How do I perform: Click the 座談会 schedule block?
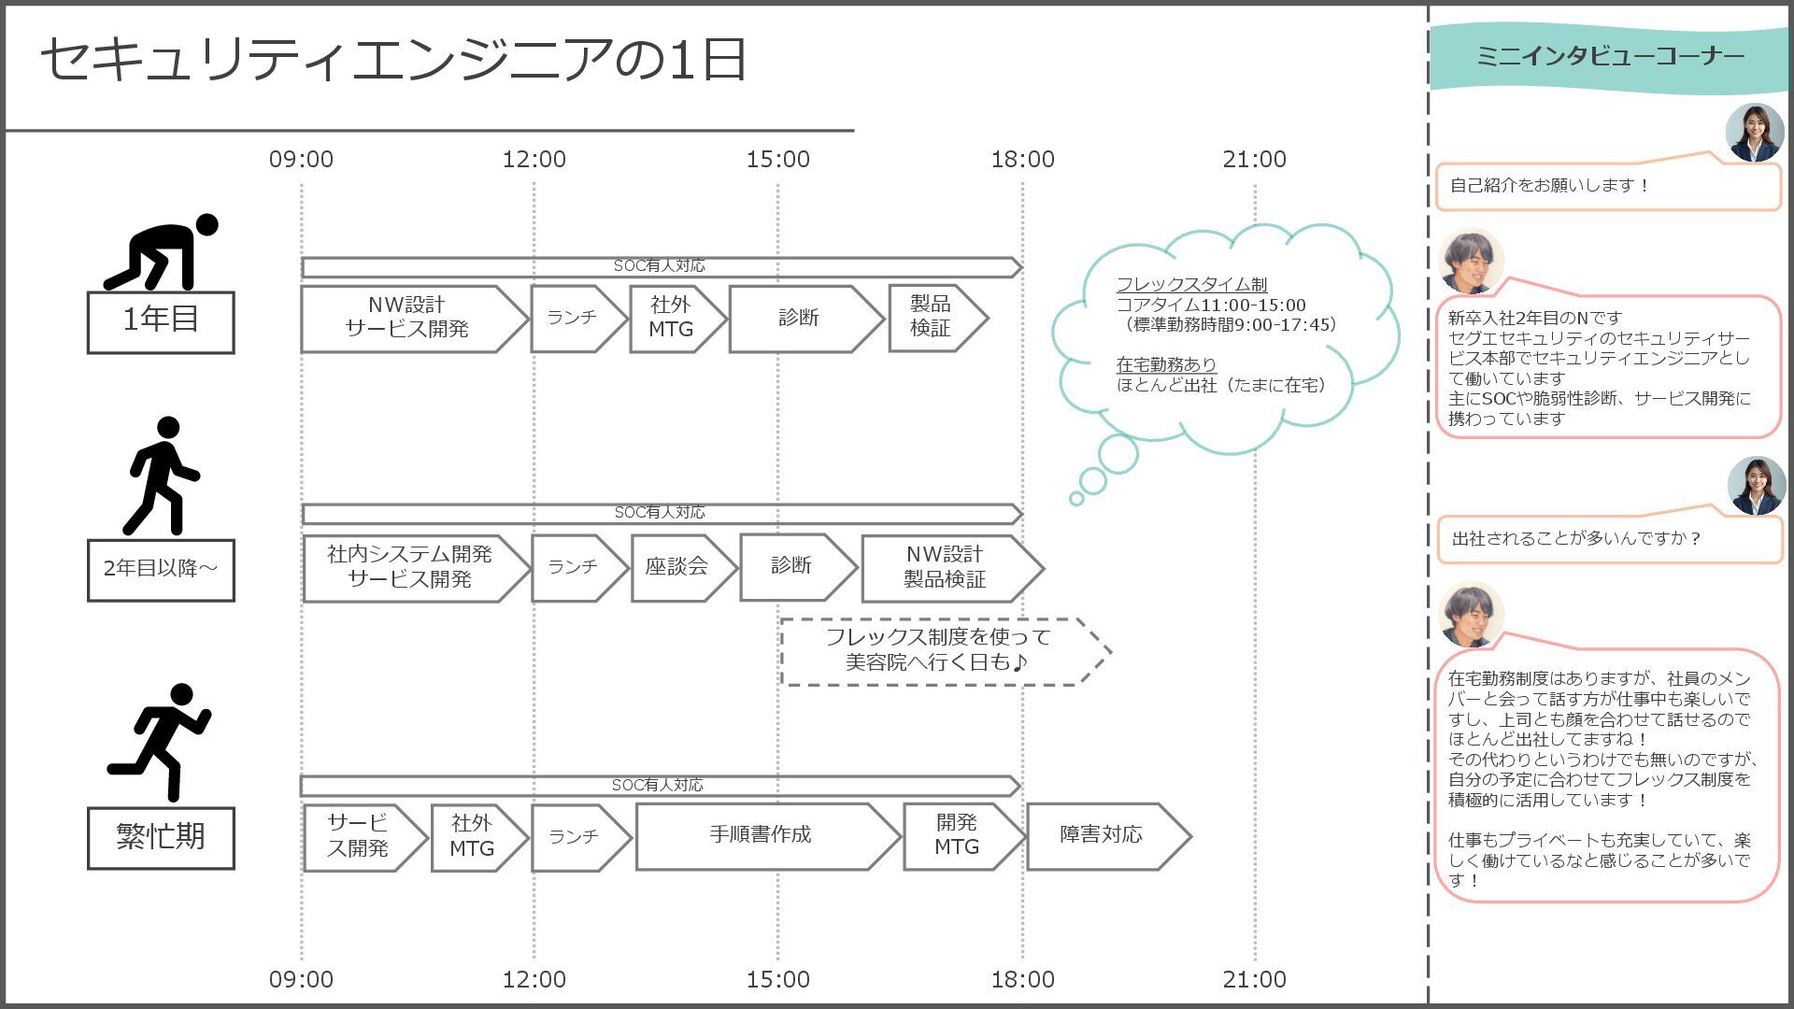tap(677, 567)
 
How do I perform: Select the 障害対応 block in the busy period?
tap(1103, 835)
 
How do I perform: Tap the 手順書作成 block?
tap(761, 835)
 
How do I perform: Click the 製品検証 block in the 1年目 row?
tap(932, 318)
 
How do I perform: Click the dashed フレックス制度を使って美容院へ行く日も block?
tap(939, 651)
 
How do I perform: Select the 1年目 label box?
tap(161, 321)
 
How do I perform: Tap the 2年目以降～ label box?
tap(161, 569)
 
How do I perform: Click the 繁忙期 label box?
tap(161, 837)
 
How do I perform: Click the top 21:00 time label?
tap(1254, 160)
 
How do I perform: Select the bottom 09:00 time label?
tap(301, 979)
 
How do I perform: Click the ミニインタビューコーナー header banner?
tap(1609, 57)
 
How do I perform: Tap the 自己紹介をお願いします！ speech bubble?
tap(1607, 186)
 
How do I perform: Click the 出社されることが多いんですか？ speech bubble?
tap(1607, 539)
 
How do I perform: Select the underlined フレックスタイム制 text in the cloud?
tap(1191, 284)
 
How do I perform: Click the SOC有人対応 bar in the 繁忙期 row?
tap(659, 786)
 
